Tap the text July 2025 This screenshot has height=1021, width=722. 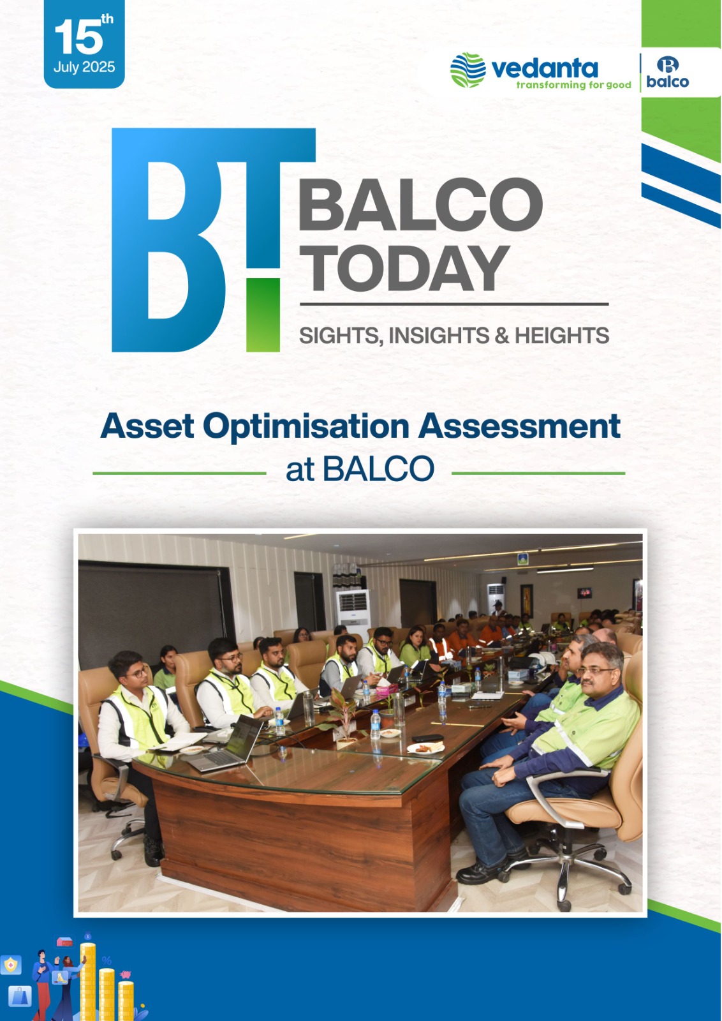pyautogui.click(x=84, y=68)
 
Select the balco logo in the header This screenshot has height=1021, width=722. pyautogui.click(x=667, y=73)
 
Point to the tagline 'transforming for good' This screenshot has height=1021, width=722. pyautogui.click(x=573, y=86)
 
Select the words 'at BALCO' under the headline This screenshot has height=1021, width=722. pyautogui.click(x=360, y=468)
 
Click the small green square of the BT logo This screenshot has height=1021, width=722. pyautogui.click(x=263, y=315)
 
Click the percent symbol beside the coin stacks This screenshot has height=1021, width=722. pyautogui.click(x=107, y=961)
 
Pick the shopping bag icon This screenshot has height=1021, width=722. pyautogui.click(x=20, y=995)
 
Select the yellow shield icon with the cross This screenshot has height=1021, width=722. pyautogui.click(x=10, y=965)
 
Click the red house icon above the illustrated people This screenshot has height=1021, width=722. pyautogui.click(x=64, y=942)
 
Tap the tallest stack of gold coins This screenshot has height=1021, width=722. pyautogui.click(x=87, y=981)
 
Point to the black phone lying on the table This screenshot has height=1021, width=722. pyautogui.click(x=428, y=738)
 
